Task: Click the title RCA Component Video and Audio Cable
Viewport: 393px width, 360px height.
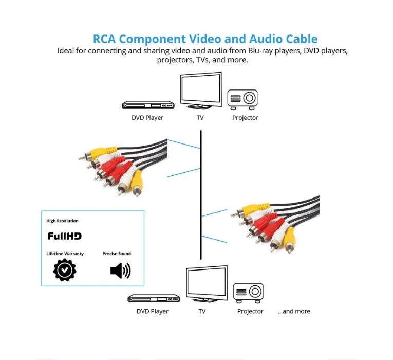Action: click(205, 39)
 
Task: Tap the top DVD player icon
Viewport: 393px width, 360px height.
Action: click(148, 105)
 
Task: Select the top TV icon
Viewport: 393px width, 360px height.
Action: click(200, 91)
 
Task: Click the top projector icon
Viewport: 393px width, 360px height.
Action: click(242, 99)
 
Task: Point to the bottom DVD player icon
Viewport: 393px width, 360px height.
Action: click(154, 298)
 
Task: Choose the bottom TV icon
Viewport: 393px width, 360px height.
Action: click(206, 284)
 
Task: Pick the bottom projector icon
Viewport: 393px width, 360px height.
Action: click(248, 293)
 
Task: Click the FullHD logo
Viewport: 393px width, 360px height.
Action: click(65, 236)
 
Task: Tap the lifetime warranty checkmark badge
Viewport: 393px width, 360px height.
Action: click(65, 269)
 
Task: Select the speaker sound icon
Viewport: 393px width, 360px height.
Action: click(120, 270)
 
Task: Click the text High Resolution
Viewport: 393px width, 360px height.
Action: click(63, 221)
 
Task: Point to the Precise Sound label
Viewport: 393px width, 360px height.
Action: click(117, 254)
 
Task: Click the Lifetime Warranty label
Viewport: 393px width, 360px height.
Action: click(65, 254)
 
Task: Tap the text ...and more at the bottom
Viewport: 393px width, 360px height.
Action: click(294, 311)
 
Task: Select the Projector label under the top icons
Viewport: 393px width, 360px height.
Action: click(245, 118)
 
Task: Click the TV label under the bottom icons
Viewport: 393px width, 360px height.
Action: click(202, 311)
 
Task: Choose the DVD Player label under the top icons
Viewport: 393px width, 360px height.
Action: click(147, 118)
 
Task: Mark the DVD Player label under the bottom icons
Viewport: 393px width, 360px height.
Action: click(153, 311)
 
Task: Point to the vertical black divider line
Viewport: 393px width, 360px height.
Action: click(200, 195)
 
